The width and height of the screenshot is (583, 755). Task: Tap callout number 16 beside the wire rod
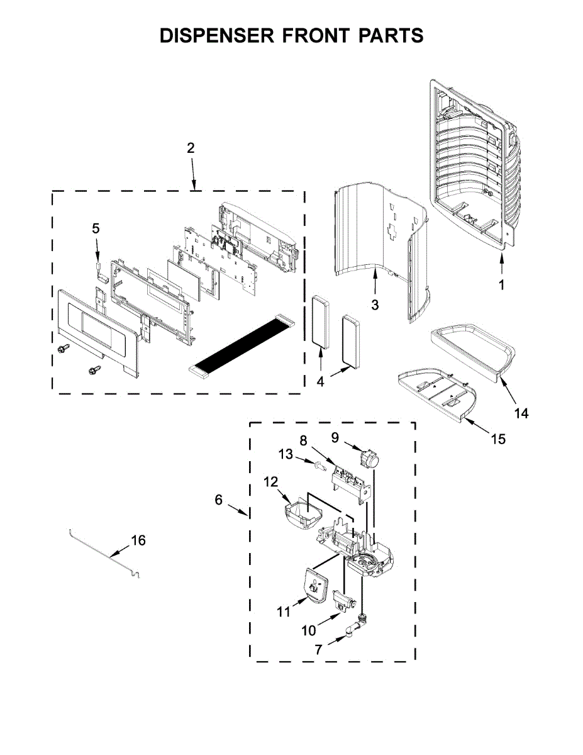[138, 540]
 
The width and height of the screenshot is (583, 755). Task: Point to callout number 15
[497, 439]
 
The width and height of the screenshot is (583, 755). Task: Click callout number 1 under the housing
[501, 285]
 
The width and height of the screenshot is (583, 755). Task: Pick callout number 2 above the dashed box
[191, 148]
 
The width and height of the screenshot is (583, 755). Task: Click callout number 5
[96, 229]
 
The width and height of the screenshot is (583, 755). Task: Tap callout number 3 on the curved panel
[375, 305]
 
